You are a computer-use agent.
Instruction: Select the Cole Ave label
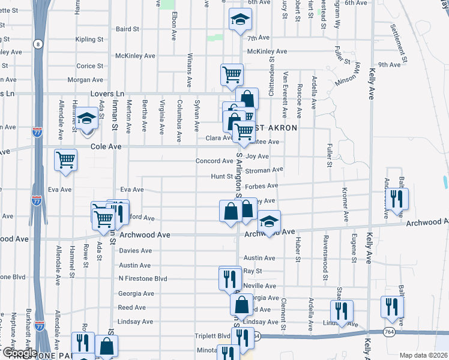106,146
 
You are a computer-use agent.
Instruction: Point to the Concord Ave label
214,161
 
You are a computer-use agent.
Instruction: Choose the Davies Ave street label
136,251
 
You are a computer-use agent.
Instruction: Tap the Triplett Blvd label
212,336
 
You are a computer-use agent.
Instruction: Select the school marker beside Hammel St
86,118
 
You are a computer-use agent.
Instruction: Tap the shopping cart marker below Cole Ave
66,160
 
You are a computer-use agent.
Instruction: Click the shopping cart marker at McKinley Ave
232,74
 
